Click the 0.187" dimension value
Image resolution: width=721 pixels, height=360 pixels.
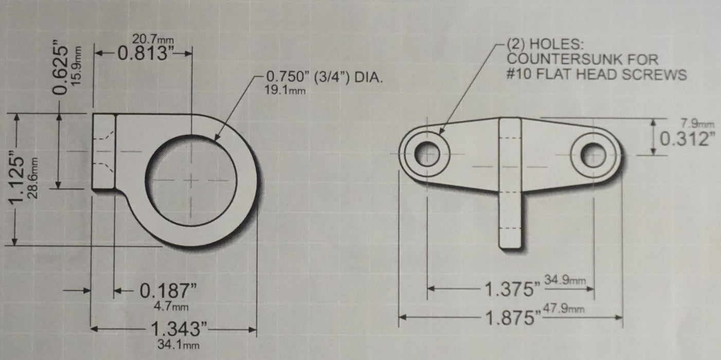pos(169,292)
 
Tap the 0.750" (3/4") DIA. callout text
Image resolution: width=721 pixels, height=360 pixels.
pos(325,78)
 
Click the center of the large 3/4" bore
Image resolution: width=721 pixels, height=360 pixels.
pos(191,180)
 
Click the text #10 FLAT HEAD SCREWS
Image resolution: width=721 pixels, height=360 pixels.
pos(597,75)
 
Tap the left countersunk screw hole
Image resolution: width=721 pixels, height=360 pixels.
pos(427,154)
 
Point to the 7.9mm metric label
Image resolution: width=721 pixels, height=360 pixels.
pos(697,123)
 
